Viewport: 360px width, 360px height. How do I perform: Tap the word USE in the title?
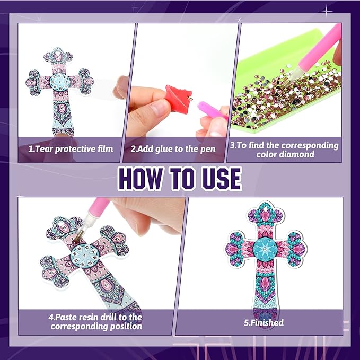tap(221, 178)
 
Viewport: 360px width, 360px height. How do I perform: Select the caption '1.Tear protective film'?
tap(71, 149)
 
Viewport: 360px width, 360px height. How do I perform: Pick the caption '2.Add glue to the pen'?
tap(173, 149)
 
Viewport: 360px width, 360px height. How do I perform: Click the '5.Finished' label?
tap(264, 322)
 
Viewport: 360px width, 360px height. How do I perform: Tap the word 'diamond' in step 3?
tap(285, 154)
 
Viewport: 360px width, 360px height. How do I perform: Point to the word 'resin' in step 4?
tap(94, 317)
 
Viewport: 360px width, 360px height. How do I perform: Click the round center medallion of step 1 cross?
tap(60, 82)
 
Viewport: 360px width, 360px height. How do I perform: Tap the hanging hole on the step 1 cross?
tap(58, 55)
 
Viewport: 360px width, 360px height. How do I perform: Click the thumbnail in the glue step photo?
tap(161, 108)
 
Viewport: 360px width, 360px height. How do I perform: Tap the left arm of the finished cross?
tap(239, 249)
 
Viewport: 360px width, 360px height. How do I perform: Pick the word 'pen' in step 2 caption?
tap(208, 150)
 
